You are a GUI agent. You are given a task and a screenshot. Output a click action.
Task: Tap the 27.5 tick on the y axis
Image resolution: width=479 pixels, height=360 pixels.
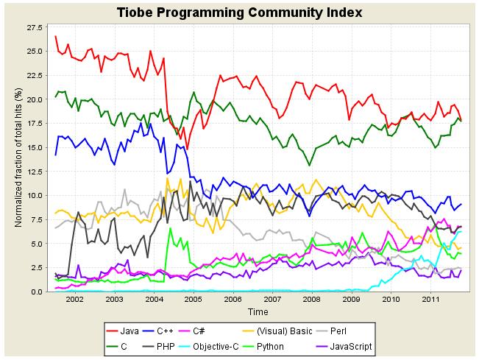tap(35, 27)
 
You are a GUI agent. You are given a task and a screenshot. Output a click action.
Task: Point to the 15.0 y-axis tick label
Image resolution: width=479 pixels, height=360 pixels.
tap(35, 147)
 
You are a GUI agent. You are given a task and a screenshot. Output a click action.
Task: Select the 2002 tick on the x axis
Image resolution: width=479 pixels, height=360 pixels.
tap(74, 301)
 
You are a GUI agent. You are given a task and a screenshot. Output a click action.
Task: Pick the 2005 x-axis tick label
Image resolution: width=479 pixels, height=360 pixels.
tap(193, 301)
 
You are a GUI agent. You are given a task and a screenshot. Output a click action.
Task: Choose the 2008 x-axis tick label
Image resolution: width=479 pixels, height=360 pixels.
tap(311, 301)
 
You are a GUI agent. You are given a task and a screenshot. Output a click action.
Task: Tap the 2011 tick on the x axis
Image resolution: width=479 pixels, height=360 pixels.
tap(430, 301)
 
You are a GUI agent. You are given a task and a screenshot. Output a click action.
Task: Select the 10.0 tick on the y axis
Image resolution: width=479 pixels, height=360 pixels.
tap(35, 195)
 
